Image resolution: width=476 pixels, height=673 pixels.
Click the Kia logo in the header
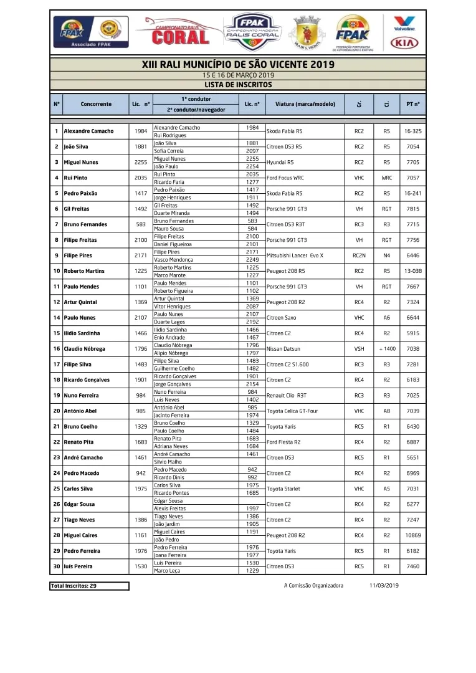(x=404, y=43)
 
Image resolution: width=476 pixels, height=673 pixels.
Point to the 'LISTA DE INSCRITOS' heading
(x=238, y=85)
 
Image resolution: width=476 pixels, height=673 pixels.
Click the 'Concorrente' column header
(x=96, y=104)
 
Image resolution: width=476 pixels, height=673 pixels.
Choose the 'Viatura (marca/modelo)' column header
(x=305, y=104)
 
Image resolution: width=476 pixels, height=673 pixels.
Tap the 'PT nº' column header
(x=412, y=104)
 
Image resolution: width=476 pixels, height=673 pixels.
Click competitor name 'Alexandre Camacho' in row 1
(x=88, y=131)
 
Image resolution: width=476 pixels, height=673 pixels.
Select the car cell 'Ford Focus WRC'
(x=285, y=178)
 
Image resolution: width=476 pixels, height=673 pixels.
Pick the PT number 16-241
(x=412, y=193)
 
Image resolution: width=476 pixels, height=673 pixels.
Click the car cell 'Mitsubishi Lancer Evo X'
(x=295, y=255)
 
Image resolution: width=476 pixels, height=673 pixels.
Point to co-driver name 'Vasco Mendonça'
(x=173, y=260)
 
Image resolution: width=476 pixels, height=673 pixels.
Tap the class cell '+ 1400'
(x=387, y=349)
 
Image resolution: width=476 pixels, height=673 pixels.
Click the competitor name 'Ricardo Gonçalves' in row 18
(x=87, y=380)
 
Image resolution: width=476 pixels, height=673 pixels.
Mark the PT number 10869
(x=412, y=535)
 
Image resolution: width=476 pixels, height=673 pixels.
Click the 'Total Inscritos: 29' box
(x=90, y=586)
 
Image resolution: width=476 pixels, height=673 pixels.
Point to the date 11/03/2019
(x=384, y=586)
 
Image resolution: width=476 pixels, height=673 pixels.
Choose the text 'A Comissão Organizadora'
(x=313, y=586)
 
